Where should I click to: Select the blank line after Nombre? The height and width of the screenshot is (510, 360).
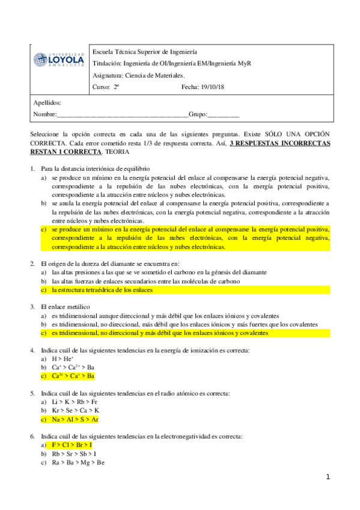(123, 114)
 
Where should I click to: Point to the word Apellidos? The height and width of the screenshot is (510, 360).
(47, 103)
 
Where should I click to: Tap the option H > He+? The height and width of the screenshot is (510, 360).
(63, 358)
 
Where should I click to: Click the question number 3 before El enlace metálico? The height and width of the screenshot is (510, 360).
(32, 307)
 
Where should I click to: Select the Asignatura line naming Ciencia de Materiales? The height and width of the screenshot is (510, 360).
(139, 75)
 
